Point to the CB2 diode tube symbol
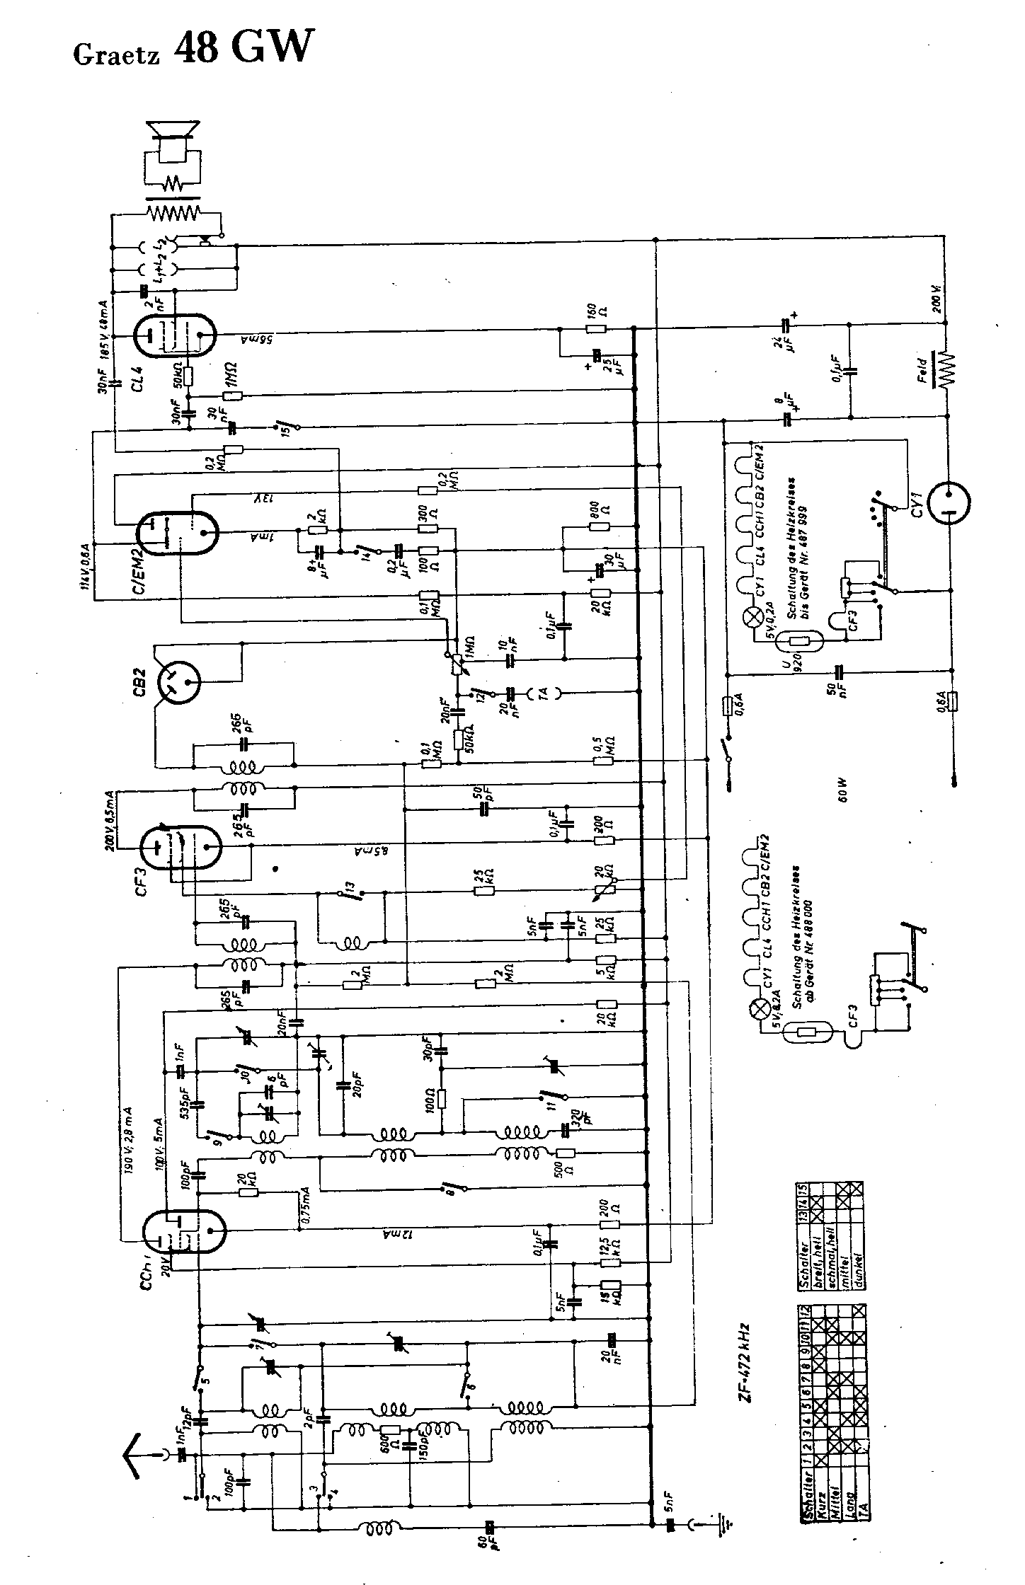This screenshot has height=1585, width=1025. pyautogui.click(x=177, y=683)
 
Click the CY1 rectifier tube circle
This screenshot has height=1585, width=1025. pyautogui.click(x=948, y=503)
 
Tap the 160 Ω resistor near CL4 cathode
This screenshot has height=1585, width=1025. pyautogui.click(x=596, y=328)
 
